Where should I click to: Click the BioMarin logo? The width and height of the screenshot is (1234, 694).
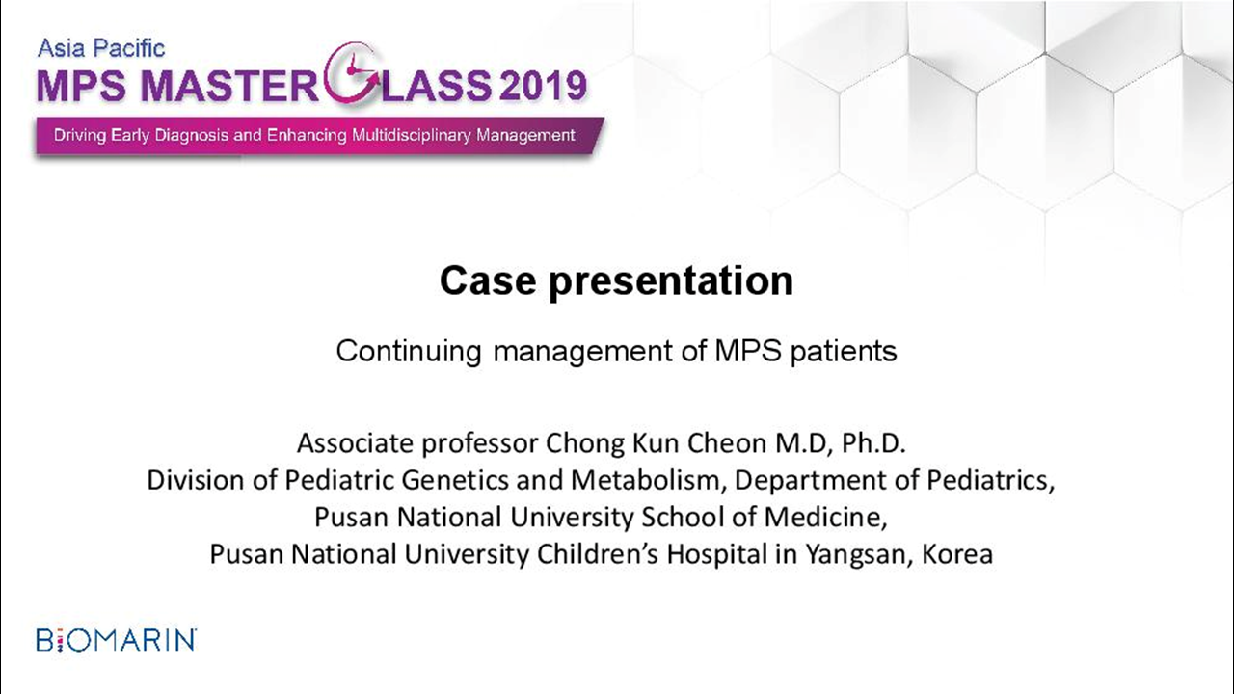(x=117, y=640)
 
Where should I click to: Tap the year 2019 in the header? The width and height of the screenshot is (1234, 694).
(x=542, y=87)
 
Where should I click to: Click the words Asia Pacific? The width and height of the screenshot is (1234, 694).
(x=101, y=48)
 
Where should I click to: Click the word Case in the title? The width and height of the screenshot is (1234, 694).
(x=488, y=280)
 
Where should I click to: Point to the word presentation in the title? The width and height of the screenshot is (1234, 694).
(x=671, y=283)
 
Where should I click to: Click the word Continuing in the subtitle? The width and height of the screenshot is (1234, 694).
(x=408, y=352)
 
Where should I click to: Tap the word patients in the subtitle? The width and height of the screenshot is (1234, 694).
(x=844, y=352)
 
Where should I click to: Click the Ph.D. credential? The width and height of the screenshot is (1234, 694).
(x=873, y=442)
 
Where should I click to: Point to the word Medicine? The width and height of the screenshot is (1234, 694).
(x=825, y=518)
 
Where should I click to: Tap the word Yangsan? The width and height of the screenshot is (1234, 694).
(x=855, y=554)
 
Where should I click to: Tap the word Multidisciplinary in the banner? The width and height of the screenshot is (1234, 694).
(x=411, y=136)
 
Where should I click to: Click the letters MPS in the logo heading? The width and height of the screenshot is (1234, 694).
(x=82, y=87)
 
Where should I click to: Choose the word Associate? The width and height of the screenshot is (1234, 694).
(x=356, y=442)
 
